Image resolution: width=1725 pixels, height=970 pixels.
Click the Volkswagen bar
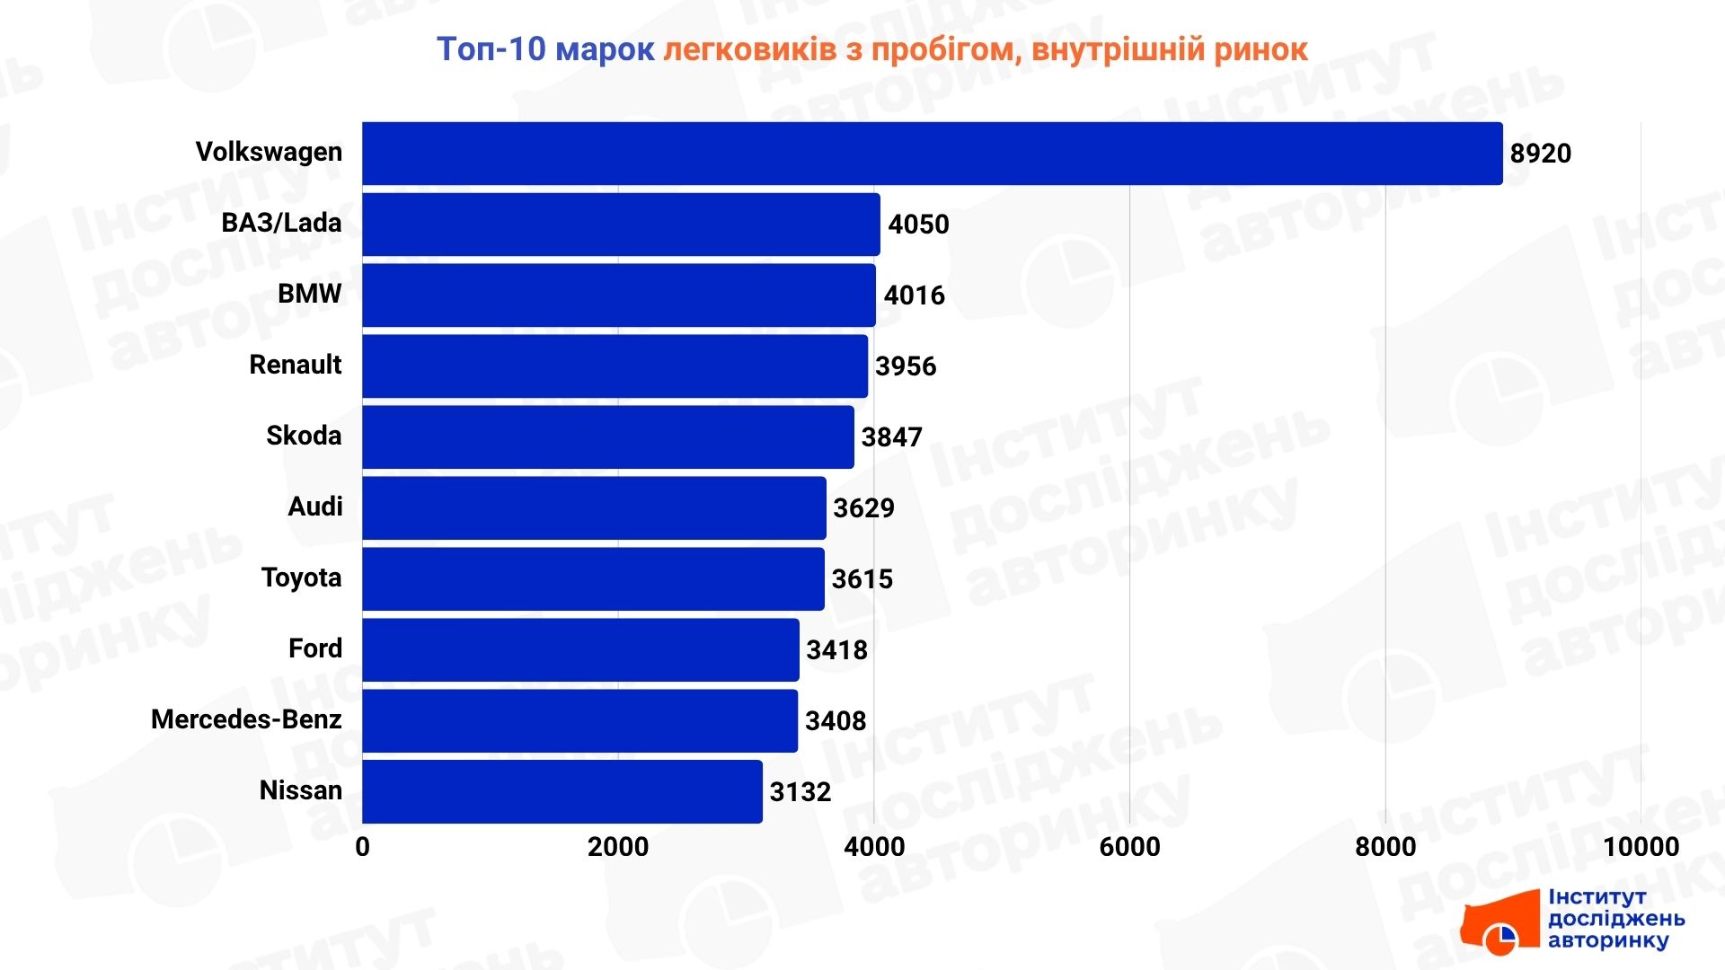tap(932, 154)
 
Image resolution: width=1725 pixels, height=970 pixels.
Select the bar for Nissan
tap(562, 791)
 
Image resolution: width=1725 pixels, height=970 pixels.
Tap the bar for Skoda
tap(607, 437)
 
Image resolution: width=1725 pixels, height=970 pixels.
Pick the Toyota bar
tap(593, 579)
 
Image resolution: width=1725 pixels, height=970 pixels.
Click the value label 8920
tap(1540, 154)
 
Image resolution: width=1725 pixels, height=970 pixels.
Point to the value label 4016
tap(914, 295)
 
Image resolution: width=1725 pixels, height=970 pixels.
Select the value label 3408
tap(835, 721)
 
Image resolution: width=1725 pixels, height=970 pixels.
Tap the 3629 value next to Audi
tap(863, 508)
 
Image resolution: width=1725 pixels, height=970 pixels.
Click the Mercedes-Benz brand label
tap(246, 719)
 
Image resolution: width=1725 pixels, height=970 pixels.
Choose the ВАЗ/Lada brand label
tap(281, 223)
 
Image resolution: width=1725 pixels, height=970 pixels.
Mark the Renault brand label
tap(295, 365)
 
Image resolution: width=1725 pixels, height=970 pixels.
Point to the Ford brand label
tap(314, 648)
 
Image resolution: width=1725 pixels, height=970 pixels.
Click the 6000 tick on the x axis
tap(1129, 847)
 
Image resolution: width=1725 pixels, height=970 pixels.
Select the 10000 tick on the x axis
tap(1641, 847)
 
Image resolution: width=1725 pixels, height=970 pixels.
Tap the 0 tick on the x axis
tap(362, 847)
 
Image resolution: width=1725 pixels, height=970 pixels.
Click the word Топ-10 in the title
tap(491, 49)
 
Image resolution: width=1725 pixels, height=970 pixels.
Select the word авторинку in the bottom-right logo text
tap(1608, 940)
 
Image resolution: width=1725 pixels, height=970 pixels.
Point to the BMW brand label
tap(309, 294)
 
